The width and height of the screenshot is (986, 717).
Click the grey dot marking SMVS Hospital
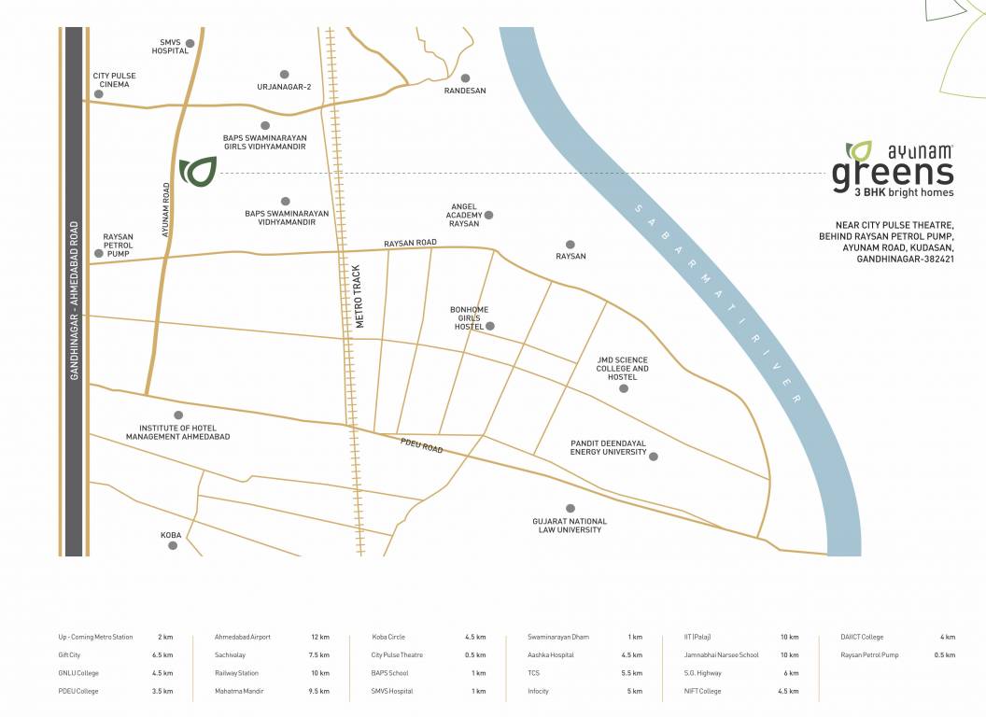tap(190, 43)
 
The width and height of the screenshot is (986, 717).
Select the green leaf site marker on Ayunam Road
tap(198, 172)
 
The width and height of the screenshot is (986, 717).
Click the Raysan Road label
tap(410, 243)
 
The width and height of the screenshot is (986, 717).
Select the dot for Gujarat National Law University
tap(570, 508)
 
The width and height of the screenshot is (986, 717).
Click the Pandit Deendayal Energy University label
tap(608, 447)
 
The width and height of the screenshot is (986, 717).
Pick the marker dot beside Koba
tap(173, 545)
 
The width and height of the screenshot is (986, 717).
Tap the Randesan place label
tap(464, 91)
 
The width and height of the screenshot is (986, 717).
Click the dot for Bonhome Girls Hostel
tap(489, 326)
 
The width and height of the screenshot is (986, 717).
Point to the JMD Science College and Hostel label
tap(622, 369)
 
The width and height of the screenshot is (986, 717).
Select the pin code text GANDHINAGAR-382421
tap(905, 260)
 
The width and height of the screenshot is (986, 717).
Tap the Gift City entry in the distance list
tap(68, 655)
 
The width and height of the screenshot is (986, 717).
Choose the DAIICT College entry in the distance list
tap(862, 637)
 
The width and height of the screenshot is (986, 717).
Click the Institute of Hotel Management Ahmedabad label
tap(177, 431)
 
